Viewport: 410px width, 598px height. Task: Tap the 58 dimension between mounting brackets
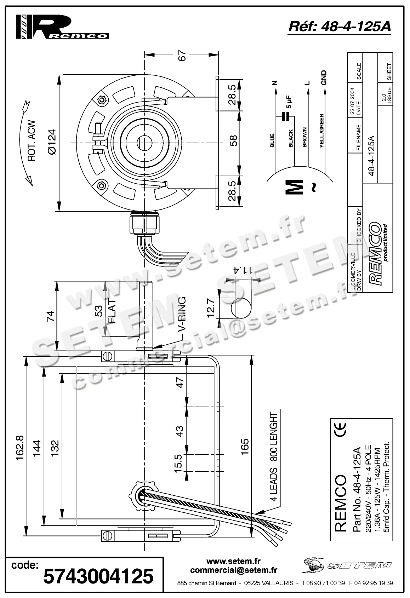233,141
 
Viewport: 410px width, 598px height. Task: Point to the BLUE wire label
272,140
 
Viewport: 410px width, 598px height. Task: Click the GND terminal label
323,78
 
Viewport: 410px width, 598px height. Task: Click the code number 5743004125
98,576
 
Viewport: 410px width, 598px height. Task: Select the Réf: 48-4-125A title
340,27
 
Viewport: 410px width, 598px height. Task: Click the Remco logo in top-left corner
62,27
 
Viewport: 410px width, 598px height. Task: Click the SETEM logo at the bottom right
347,565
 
